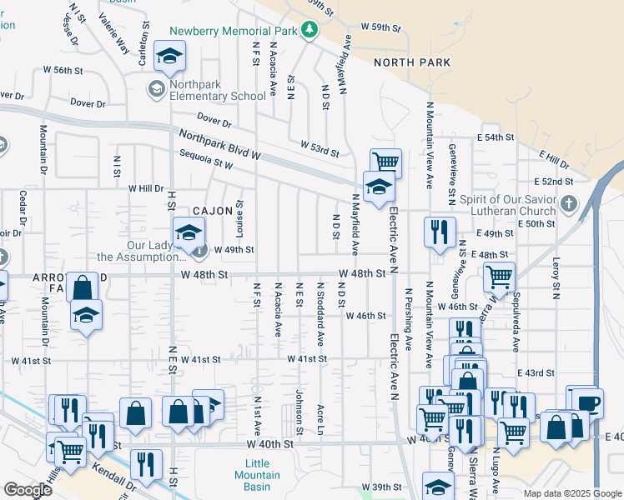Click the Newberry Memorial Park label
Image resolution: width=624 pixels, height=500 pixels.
234,31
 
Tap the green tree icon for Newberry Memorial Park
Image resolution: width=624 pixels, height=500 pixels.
310,31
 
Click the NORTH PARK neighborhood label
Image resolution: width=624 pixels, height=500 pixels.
411,62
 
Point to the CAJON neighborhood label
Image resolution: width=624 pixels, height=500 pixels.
212,211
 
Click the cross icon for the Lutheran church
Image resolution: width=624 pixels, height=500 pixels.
568,203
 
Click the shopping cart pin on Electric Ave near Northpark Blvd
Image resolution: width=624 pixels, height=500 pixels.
385,162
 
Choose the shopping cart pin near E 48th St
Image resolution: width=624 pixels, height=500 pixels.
499,276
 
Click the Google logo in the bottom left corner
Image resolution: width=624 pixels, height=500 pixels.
28,490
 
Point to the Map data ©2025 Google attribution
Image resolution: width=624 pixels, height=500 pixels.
572,493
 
